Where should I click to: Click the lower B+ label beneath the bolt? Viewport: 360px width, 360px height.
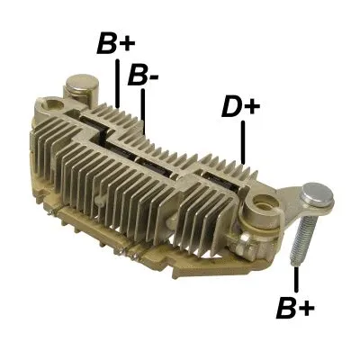click(x=296, y=310)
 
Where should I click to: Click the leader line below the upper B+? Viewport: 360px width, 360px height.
click(x=118, y=82)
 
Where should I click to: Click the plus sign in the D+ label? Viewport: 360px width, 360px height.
click(x=252, y=107)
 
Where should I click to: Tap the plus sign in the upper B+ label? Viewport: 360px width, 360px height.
click(x=128, y=44)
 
